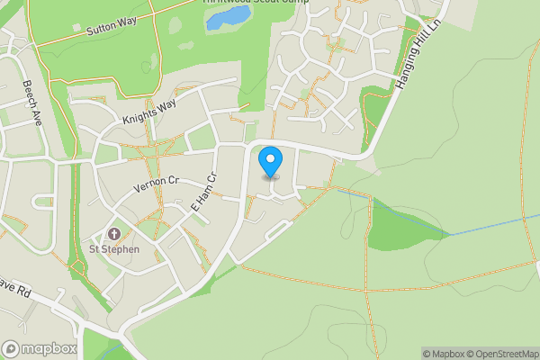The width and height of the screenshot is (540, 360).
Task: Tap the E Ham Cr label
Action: click(x=205, y=193)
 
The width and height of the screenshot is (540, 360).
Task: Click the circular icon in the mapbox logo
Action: click(x=12, y=348)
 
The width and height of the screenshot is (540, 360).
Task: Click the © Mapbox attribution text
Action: click(x=443, y=354)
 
